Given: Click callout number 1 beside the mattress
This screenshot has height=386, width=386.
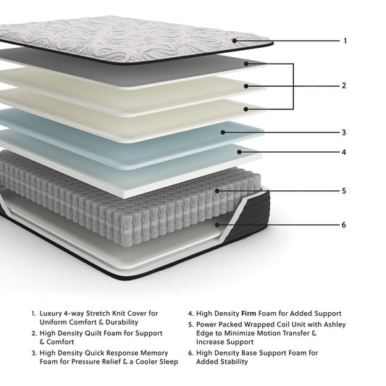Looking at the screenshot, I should click(x=345, y=41).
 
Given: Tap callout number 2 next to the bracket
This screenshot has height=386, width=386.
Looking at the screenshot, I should click(x=344, y=85).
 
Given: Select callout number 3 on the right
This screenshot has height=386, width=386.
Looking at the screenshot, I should click(x=344, y=133).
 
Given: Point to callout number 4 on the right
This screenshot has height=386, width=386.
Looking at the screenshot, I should click(x=344, y=152).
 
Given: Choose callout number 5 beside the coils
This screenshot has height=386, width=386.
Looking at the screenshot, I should click(x=344, y=191).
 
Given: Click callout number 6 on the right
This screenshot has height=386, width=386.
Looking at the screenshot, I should click(x=344, y=225).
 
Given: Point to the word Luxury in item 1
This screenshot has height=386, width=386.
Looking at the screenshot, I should click(x=52, y=313).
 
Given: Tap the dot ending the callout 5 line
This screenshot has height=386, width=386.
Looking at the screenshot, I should click(x=217, y=191).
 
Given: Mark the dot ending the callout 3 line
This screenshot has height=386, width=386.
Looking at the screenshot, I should click(x=223, y=133).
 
